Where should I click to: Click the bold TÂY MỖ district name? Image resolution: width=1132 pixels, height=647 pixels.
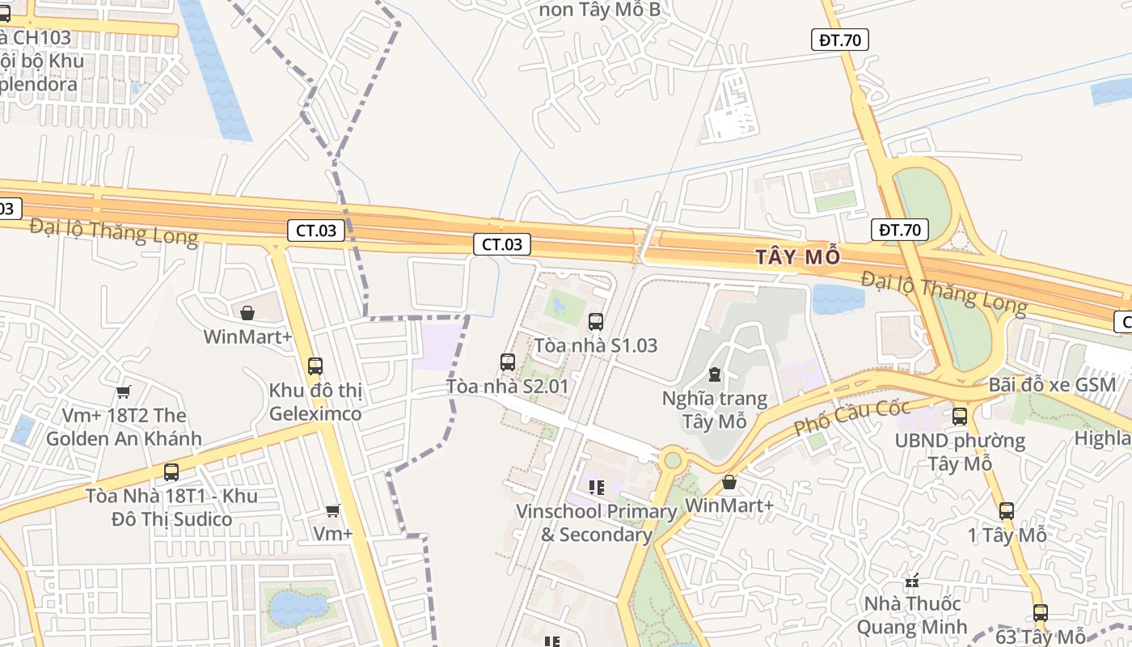798,257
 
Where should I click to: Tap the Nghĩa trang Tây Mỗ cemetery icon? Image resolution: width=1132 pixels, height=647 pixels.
714,374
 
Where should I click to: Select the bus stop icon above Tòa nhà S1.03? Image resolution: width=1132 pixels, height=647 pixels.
596,322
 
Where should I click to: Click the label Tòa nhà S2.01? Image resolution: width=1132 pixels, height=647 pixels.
507,387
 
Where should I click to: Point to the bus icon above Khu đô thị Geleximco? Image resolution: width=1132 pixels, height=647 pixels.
315,366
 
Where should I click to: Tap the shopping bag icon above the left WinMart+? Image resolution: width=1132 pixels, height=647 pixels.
247,313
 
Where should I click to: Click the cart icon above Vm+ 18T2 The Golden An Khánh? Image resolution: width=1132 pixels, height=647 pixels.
123,392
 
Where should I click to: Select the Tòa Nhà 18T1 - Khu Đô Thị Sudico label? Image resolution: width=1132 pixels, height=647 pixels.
171,507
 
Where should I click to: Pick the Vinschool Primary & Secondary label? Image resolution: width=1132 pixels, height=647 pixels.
597,522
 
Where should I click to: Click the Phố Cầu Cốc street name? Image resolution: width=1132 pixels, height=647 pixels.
851,417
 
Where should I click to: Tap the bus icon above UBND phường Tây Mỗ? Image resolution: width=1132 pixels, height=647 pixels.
960,417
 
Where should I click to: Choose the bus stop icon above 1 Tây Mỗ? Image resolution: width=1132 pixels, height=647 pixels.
1007,511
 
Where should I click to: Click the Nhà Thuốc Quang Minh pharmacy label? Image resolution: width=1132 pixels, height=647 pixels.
912,615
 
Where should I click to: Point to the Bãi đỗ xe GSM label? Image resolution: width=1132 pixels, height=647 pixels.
1052,384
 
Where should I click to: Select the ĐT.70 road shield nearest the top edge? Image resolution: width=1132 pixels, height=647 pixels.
840,40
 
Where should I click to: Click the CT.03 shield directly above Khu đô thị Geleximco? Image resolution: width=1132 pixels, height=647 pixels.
315,230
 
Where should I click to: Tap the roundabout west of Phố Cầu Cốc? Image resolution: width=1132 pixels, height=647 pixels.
671,460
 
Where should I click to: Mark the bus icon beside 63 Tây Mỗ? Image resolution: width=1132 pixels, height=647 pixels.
1041,613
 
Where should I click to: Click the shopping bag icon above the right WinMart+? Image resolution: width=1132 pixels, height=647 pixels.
729,483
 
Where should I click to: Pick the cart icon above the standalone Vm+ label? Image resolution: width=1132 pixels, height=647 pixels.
332,510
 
